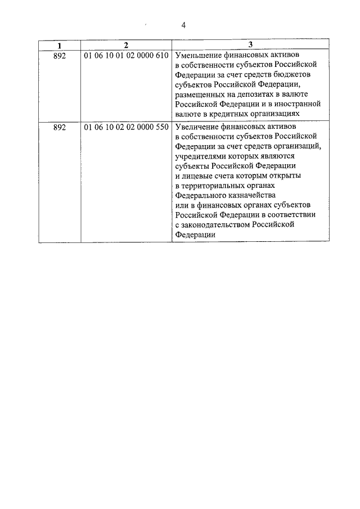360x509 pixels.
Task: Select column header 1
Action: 59,44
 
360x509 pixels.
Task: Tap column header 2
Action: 126,44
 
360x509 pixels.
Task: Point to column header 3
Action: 250,44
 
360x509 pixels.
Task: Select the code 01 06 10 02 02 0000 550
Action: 126,127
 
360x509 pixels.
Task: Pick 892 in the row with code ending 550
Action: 59,127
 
